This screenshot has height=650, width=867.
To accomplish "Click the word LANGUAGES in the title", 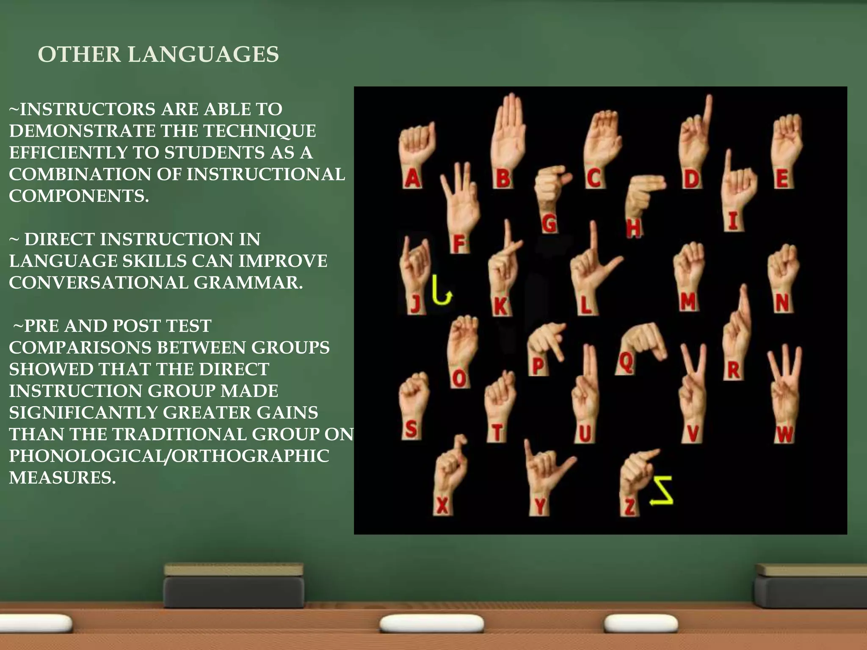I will point(203,55).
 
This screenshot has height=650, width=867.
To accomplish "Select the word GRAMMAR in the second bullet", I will point(248,282).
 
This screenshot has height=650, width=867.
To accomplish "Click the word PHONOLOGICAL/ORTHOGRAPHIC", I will point(169,456).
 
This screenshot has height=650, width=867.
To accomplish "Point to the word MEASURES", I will point(62,477).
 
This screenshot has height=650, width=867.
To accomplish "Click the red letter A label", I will point(412,178).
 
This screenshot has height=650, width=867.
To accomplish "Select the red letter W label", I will point(784,435).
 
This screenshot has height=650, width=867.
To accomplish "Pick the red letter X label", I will point(442,505).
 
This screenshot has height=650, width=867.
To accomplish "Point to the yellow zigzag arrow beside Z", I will point(662,490).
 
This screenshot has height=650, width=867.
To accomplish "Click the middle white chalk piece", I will point(431,623).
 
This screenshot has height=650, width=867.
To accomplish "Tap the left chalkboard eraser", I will point(234,586).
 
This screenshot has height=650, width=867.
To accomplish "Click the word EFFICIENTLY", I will point(68,152).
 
